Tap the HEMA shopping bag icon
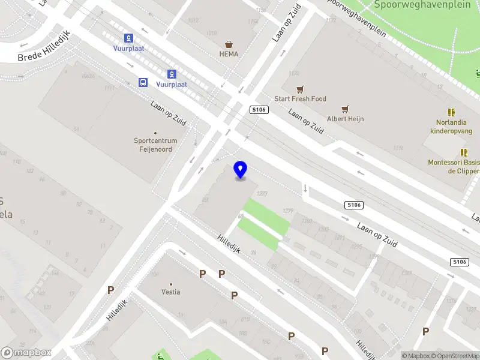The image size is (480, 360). (x=229, y=44)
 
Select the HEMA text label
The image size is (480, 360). (x=229, y=54)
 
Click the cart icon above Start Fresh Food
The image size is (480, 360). (x=300, y=89)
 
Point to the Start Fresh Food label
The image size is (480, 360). (x=300, y=99)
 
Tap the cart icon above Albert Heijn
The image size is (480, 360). (x=345, y=109)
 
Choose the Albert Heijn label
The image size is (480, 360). (x=345, y=119)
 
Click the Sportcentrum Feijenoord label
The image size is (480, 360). (x=156, y=145)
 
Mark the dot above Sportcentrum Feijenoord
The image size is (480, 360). (x=155, y=133)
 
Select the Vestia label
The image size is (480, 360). (x=171, y=292)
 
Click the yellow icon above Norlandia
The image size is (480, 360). (x=451, y=112)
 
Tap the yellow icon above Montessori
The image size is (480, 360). (x=463, y=153)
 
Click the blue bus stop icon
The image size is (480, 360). (x=143, y=83)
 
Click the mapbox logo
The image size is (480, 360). (x=26, y=353)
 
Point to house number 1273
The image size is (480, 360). (x=261, y=193)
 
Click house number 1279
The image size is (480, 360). (x=288, y=210)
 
